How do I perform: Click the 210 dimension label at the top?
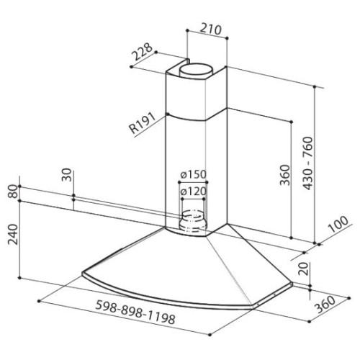coord(210,30)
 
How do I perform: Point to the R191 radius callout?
coord(143,123)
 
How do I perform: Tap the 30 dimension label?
coord(67,175)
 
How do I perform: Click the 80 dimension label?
coord(13,191)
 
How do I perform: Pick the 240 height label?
coord(13,234)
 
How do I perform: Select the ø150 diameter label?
coord(193,174)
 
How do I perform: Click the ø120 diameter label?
coord(193,192)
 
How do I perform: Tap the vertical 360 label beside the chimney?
coord(285,175)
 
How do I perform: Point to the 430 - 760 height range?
coord(308,163)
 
